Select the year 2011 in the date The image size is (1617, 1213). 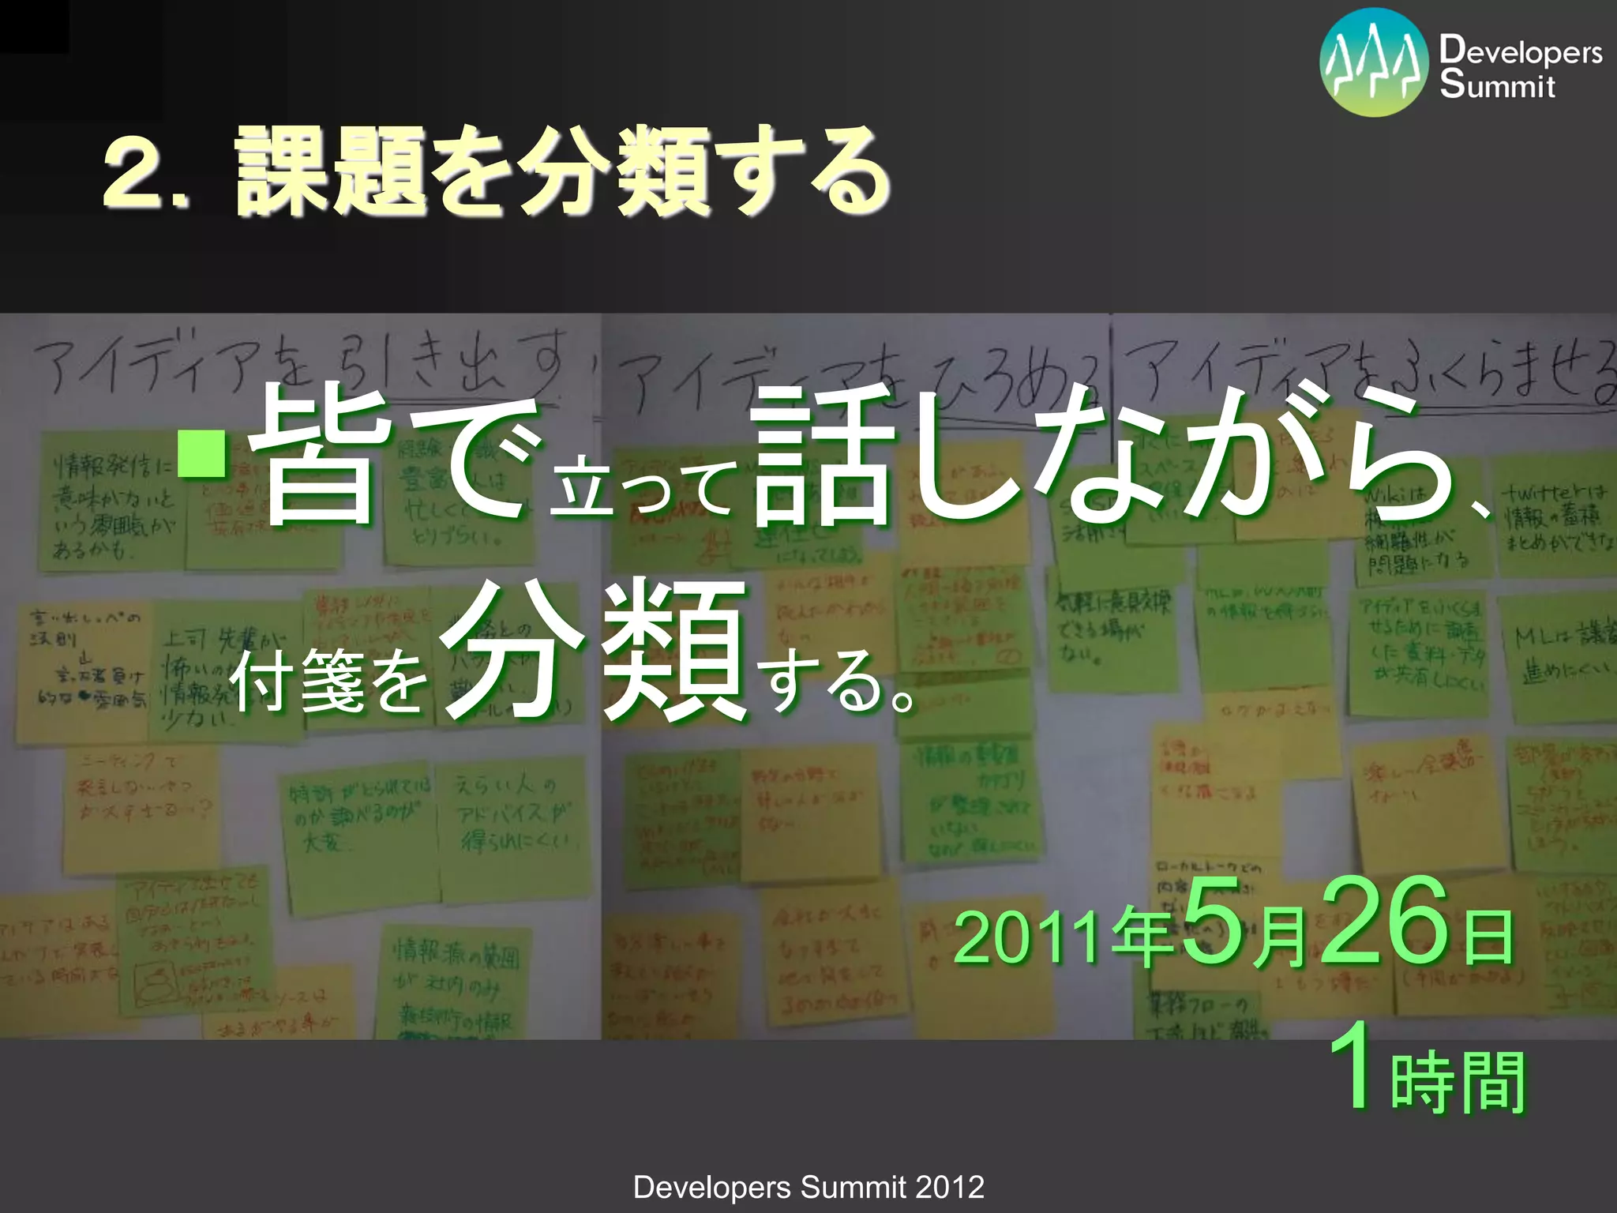point(1026,938)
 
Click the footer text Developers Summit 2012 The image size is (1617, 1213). point(808,1187)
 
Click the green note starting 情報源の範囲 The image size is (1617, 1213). point(458,983)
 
